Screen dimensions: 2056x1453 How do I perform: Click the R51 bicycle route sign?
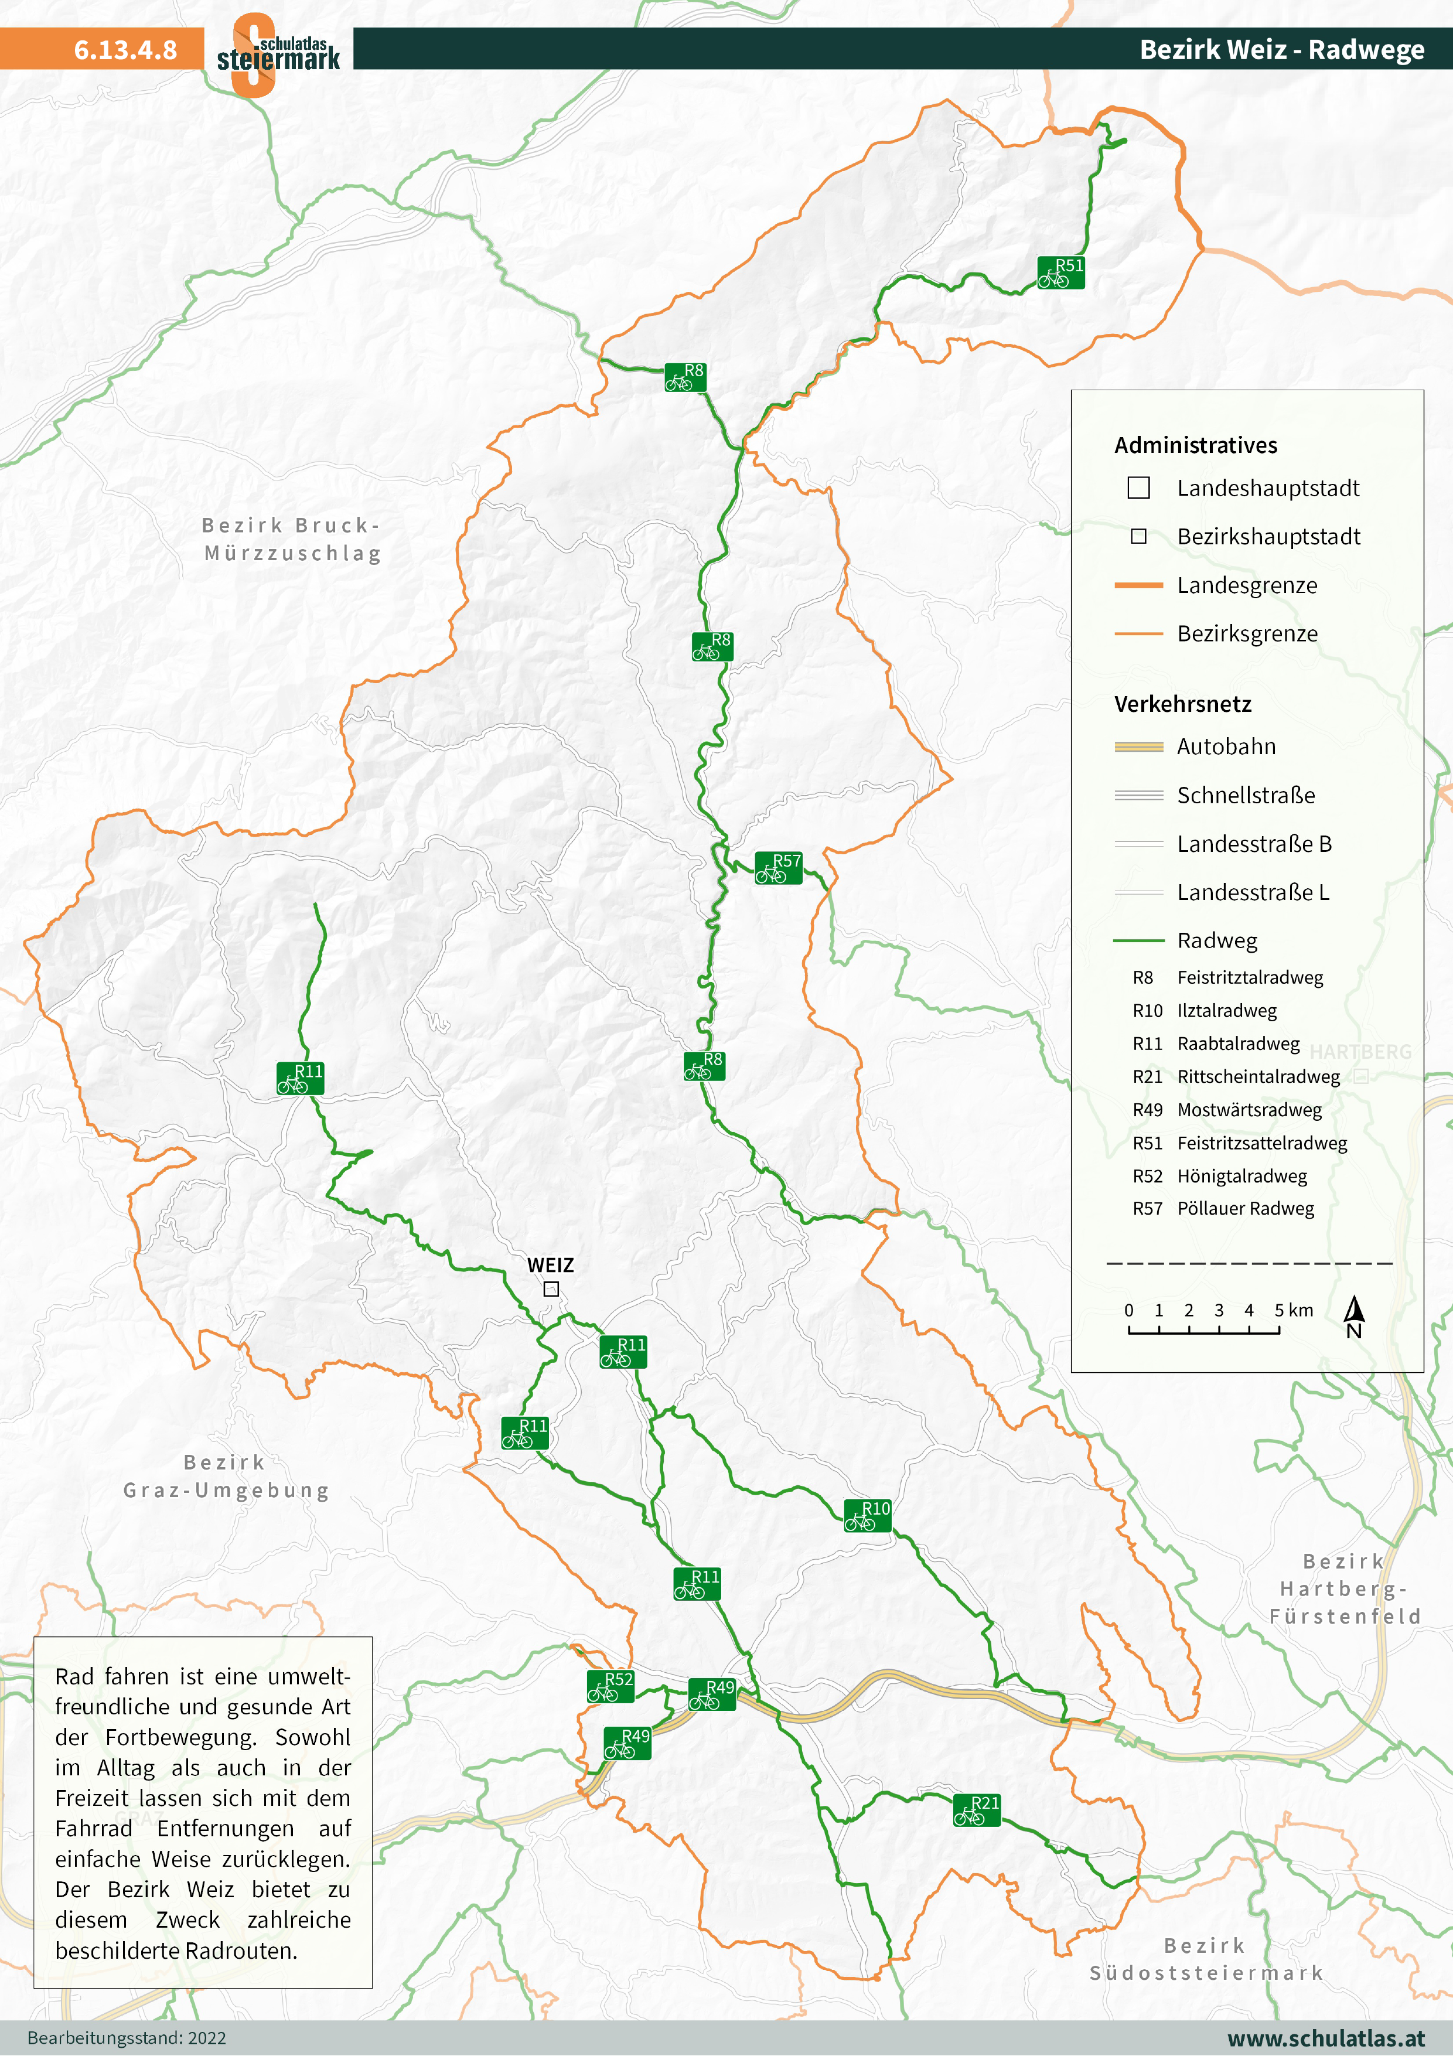tap(1061, 272)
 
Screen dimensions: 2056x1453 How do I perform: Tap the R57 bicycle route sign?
tap(778, 868)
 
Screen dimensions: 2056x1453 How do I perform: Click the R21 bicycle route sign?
tap(977, 1810)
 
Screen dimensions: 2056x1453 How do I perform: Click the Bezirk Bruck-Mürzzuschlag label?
tap(292, 539)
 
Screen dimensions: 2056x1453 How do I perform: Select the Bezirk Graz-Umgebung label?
tap(226, 1476)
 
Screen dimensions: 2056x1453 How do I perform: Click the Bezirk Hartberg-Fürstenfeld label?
tap(1344, 1588)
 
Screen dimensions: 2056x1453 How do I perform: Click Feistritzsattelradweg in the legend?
tap(1261, 1143)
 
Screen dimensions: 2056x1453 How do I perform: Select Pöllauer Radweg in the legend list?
tap(1245, 1208)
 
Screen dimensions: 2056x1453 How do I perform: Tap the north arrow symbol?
tap(1353, 1317)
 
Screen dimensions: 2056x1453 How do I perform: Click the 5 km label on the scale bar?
tap(1294, 1310)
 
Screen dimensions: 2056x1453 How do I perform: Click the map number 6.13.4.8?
tap(125, 50)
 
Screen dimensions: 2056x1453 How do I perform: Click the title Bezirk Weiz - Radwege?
tap(1281, 50)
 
